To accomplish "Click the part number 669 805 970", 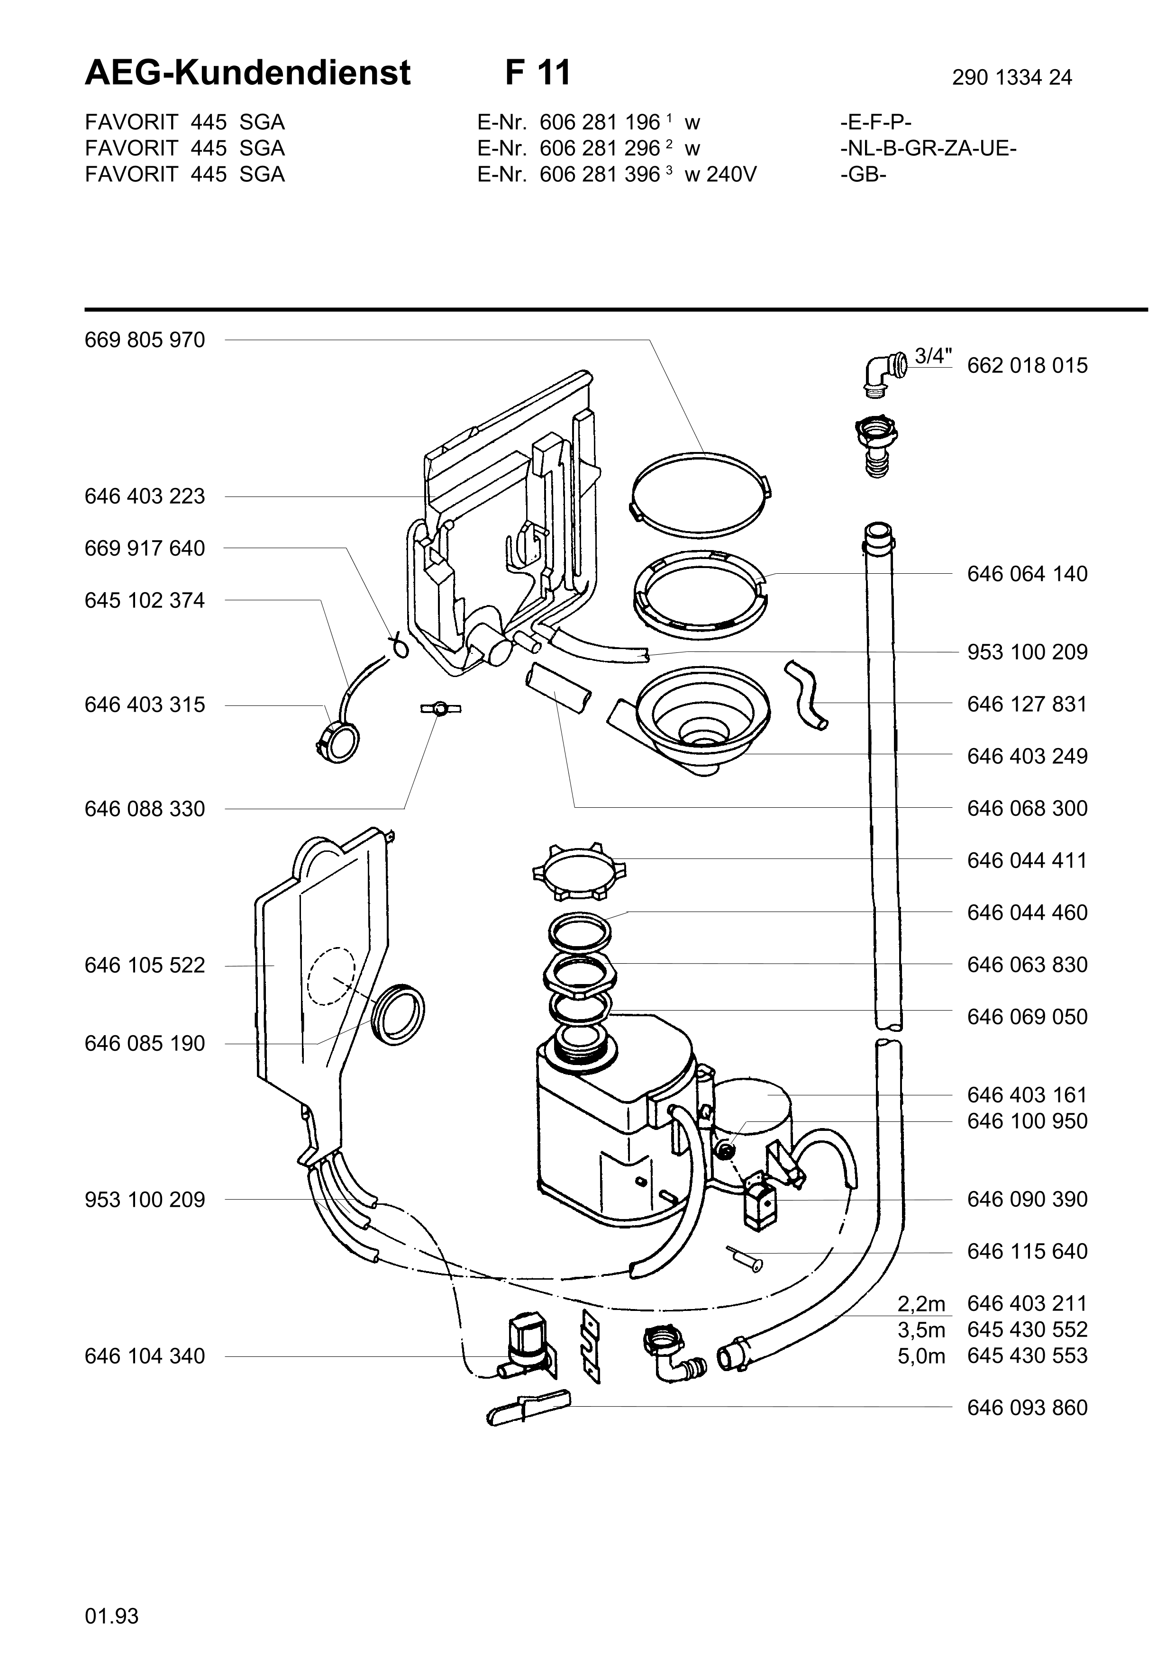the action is pos(145,340).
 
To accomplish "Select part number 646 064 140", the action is pos(1027,574).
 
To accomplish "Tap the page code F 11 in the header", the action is pos(538,72).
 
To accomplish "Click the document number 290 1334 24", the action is pos(1012,77).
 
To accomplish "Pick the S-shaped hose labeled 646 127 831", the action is pos(807,694).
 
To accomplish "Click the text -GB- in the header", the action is pos(864,174).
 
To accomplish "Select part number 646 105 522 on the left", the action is pos(145,966).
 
